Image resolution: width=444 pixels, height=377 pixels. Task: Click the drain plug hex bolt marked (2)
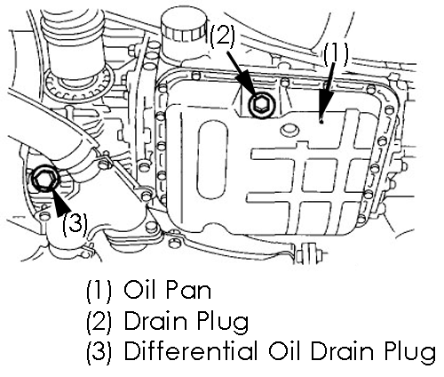tap(262, 105)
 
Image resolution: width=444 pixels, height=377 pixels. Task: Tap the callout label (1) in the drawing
tap(336, 54)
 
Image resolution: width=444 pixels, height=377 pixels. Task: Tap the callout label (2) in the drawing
tap(222, 36)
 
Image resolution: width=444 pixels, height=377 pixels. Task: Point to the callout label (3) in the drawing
tap(75, 223)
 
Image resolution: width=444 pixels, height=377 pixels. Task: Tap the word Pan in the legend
tap(188, 290)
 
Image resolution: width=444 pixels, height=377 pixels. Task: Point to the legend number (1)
tap(99, 291)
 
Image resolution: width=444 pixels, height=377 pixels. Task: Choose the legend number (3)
tap(99, 351)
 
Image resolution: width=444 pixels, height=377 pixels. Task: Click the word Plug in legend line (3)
tap(409, 353)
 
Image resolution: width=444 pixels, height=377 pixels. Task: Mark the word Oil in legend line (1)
tap(139, 290)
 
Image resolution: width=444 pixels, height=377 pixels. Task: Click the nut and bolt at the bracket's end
tap(309, 254)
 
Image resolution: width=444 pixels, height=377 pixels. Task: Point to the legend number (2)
tap(99, 321)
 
